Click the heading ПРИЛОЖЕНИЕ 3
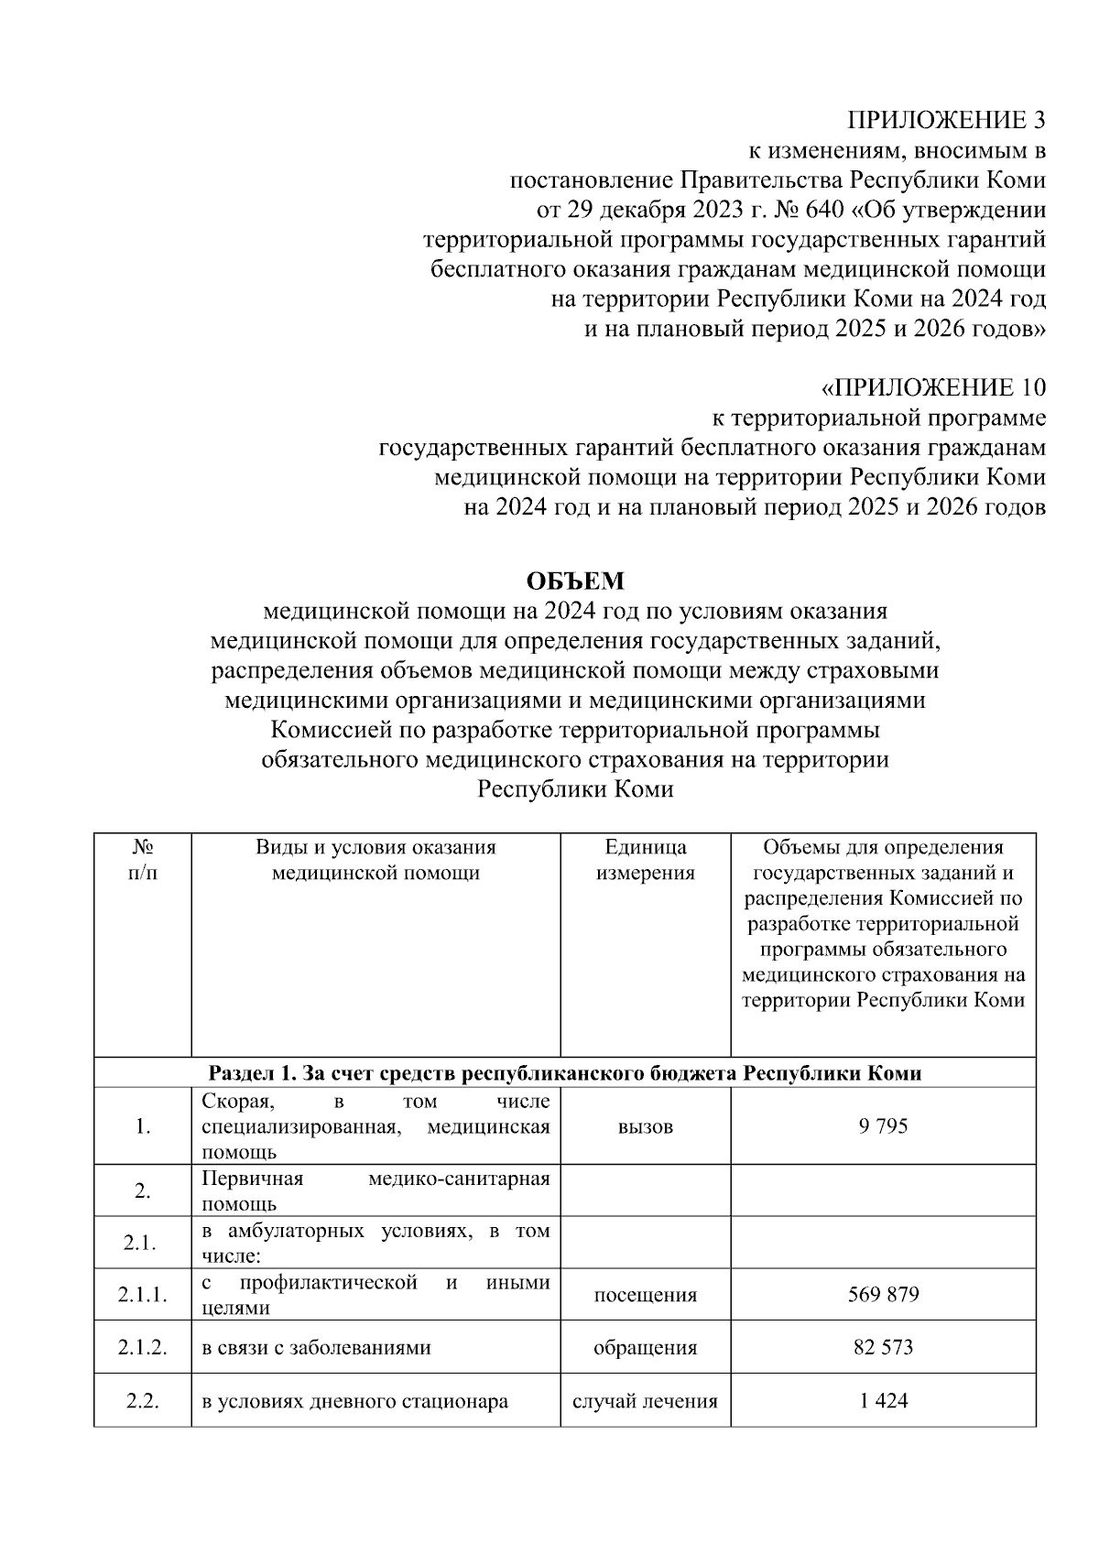point(945,121)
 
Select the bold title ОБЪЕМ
point(574,581)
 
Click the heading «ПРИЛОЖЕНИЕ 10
point(932,388)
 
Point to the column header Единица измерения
point(645,860)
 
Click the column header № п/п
point(142,860)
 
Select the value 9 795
point(883,1125)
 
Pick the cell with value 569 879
point(883,1295)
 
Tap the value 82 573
point(883,1347)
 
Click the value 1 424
point(883,1400)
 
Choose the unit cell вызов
point(645,1126)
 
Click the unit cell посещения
point(645,1295)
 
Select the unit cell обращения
point(645,1348)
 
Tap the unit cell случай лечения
point(645,1401)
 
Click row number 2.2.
point(142,1401)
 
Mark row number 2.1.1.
point(142,1295)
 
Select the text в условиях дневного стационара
point(354,1401)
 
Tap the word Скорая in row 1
point(234,1100)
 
